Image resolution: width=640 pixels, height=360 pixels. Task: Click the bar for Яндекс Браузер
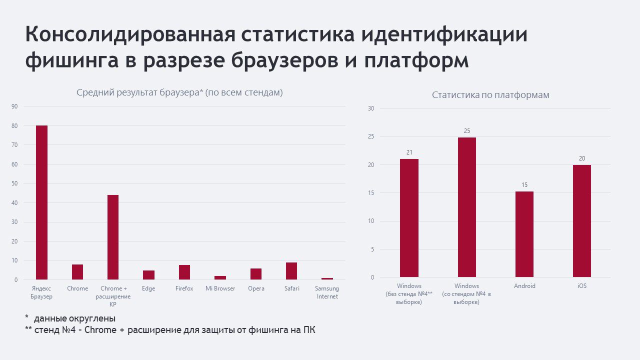41,202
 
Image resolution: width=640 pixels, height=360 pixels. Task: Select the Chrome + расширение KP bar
113,237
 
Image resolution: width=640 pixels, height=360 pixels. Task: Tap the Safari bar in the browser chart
291,271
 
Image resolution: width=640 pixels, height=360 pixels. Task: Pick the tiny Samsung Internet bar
327,278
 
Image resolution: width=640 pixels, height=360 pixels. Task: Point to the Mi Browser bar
220,277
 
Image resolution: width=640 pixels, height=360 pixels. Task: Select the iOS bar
581,221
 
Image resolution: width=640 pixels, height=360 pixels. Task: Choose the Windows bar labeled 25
467,207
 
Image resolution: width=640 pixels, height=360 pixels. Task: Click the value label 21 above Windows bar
409,152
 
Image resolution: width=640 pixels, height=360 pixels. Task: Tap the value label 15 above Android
524,185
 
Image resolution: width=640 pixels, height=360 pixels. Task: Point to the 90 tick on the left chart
14,106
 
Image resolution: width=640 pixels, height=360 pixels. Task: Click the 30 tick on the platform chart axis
371,108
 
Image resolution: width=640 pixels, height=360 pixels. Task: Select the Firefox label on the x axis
184,288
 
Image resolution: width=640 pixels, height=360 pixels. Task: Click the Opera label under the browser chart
256,288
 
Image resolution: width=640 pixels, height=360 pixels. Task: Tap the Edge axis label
148,288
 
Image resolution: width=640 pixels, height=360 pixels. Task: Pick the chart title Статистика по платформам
490,95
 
